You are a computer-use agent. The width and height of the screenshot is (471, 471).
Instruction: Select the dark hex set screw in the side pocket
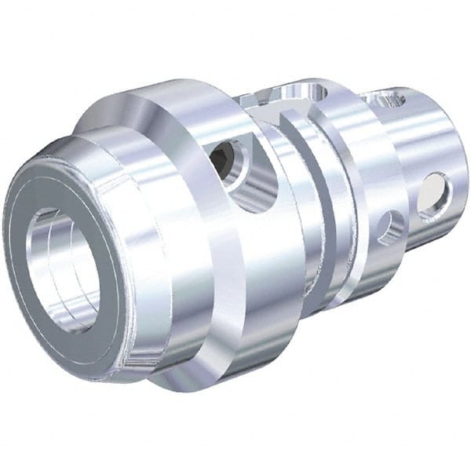[x=224, y=158]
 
